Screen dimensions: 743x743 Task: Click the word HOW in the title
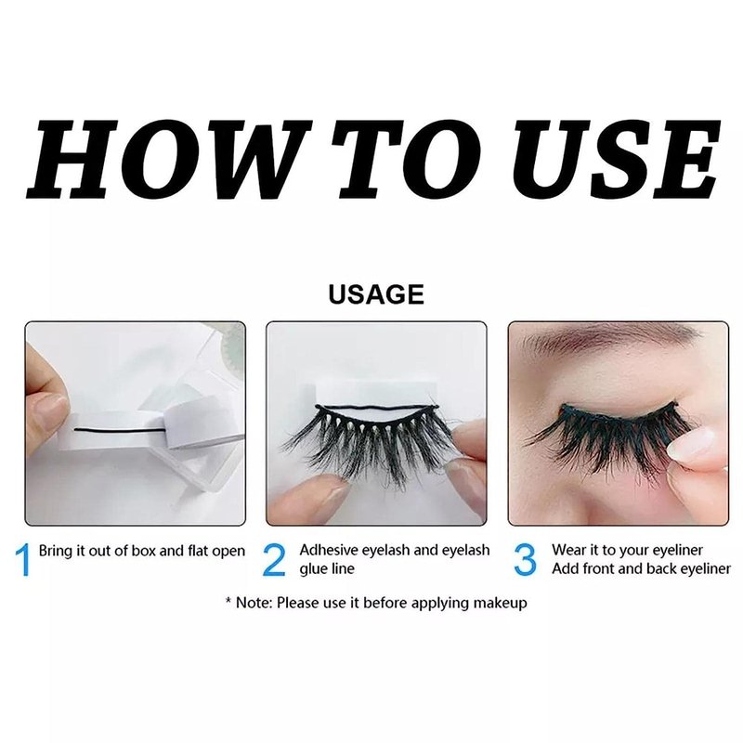pos(168,159)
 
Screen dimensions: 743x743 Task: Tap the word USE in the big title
pos(614,159)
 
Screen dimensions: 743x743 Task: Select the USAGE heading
pos(376,294)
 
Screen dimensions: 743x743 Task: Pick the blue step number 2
pos(274,560)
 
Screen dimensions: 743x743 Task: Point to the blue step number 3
pos(525,560)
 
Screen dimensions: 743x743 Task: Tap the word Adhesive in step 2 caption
pos(329,550)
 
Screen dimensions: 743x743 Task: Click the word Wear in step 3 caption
pos(568,550)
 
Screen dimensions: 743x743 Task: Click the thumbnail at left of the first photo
pos(51,403)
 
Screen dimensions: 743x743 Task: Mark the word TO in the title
pos(406,159)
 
